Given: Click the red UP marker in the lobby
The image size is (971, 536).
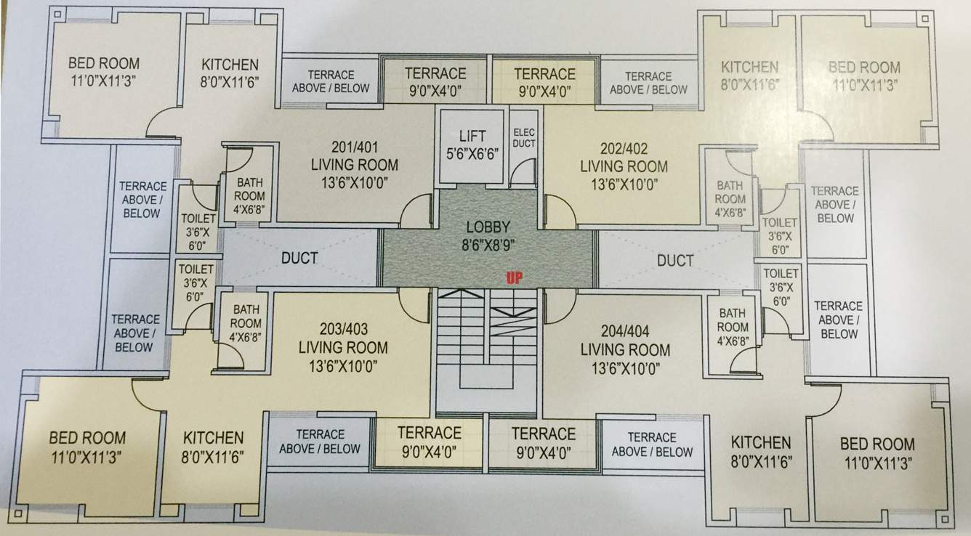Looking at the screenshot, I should pyautogui.click(x=516, y=277).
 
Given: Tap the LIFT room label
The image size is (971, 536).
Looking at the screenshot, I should pyautogui.click(x=472, y=144).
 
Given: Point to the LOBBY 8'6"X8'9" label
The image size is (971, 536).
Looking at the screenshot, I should pyautogui.click(x=488, y=235).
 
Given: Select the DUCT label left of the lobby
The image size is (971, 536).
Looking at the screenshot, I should pyautogui.click(x=299, y=258).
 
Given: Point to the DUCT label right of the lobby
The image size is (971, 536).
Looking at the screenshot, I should pyautogui.click(x=674, y=260).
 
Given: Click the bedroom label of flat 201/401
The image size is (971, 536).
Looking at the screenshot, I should pyautogui.click(x=103, y=71).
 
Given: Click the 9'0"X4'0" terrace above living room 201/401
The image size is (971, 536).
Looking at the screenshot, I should pyautogui.click(x=435, y=81).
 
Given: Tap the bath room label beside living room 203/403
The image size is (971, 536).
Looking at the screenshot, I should pyautogui.click(x=246, y=322).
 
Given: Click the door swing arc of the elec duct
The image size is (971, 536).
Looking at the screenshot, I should pyautogui.click(x=522, y=174).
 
